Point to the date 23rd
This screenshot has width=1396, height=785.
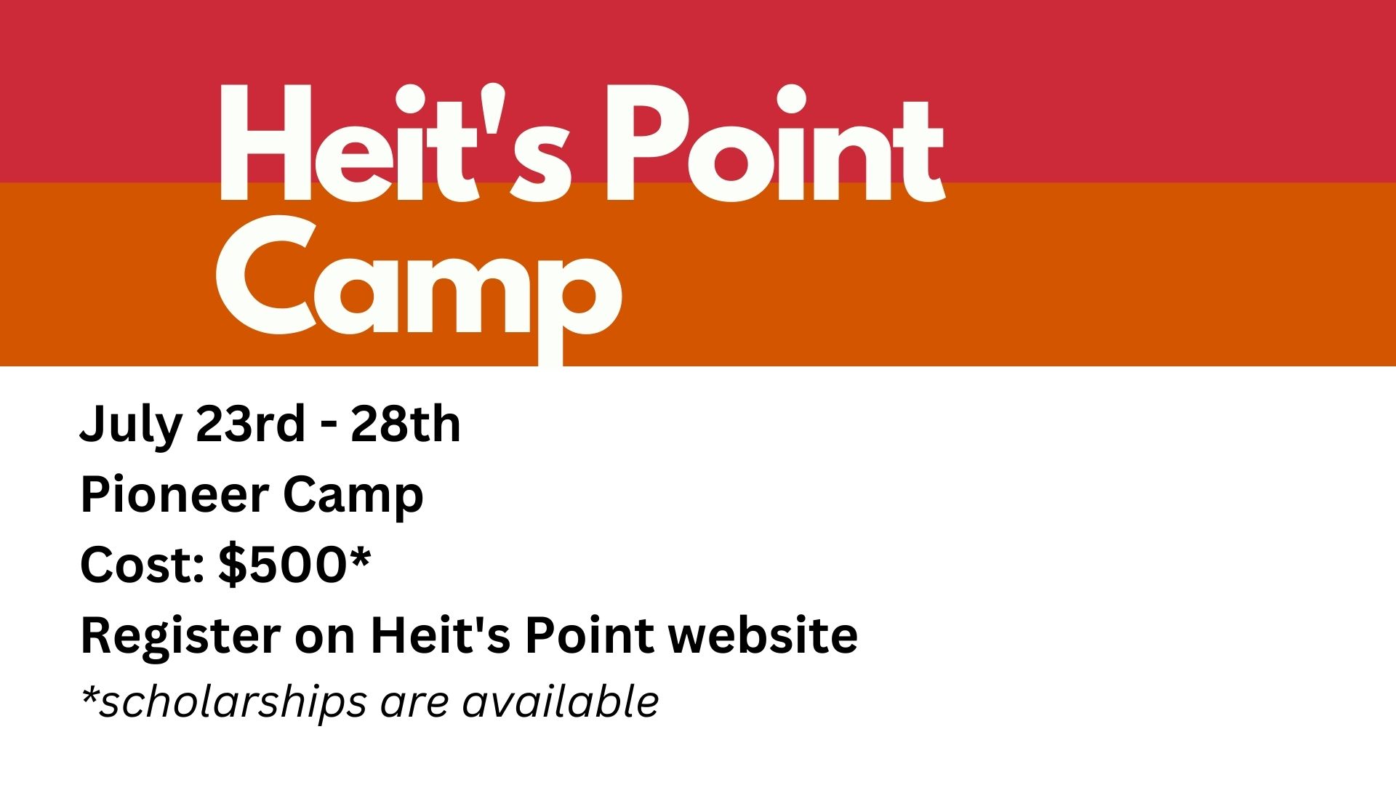click(250, 424)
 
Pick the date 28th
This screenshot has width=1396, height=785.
click(406, 424)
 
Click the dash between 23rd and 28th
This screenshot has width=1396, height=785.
click(329, 427)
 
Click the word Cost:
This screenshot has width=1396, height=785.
click(142, 565)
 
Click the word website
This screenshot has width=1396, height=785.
click(763, 635)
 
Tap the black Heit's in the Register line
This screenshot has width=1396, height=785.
click(440, 635)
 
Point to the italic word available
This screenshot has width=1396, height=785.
click(560, 701)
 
